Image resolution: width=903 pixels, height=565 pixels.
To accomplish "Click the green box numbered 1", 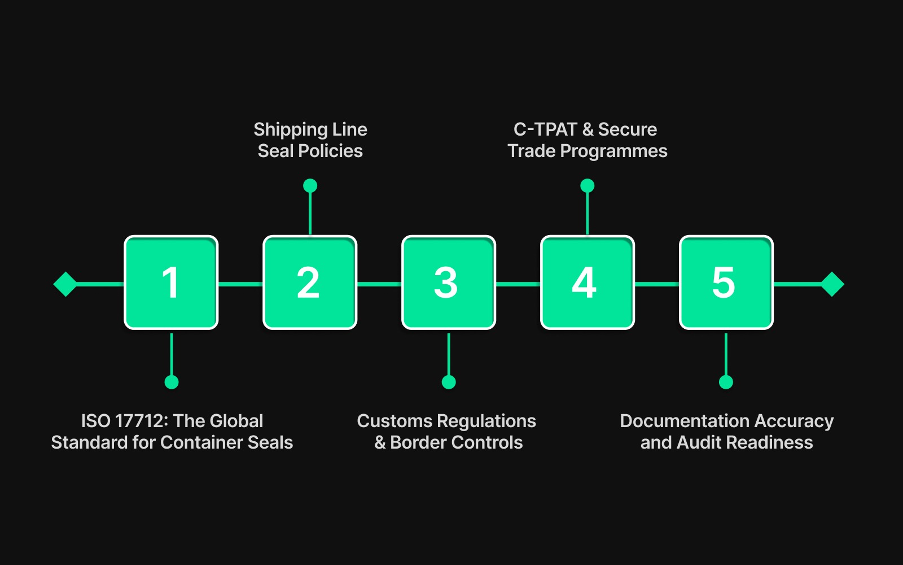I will (x=171, y=282).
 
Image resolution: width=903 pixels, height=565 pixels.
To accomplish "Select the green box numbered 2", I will (x=310, y=282).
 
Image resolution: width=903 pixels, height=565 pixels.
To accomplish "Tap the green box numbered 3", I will (x=449, y=282).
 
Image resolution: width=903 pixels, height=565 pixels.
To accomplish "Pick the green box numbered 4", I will (x=588, y=282).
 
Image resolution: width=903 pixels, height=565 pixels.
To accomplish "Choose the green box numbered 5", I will (x=726, y=282).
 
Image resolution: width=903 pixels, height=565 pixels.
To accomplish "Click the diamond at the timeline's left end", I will (x=65, y=284).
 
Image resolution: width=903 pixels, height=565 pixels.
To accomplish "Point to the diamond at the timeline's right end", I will (x=832, y=284).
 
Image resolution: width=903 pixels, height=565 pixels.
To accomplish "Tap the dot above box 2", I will (x=310, y=185).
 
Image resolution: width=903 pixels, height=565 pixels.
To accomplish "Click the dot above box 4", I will (x=588, y=185).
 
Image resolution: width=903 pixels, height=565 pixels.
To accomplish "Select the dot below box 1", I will (x=172, y=383).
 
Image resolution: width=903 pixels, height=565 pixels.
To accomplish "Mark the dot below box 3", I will (x=449, y=383).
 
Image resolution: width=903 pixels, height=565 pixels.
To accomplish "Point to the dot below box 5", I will (x=726, y=383).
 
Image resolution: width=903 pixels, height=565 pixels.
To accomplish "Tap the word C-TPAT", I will (x=545, y=129).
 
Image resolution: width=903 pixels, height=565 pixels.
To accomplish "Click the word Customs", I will (x=394, y=421).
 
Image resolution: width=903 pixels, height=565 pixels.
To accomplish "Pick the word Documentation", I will (x=685, y=421).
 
